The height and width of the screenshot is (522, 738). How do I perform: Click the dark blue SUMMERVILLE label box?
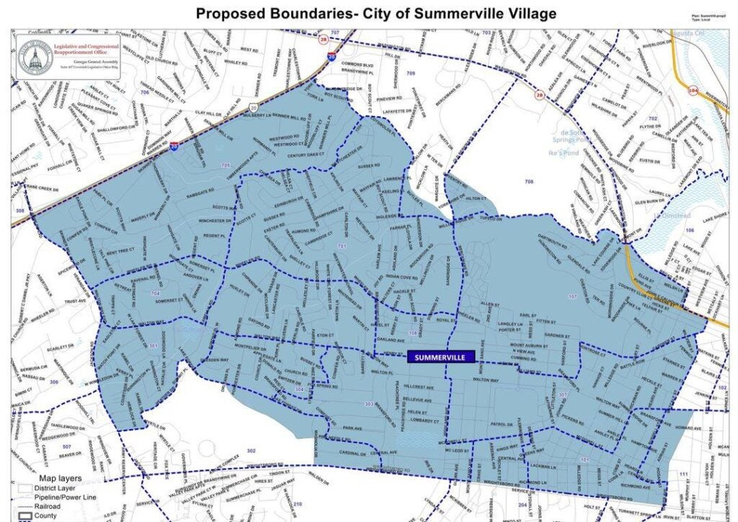(x=440, y=356)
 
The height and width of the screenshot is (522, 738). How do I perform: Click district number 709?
(x=410, y=74)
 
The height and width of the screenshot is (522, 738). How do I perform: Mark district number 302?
(x=251, y=451)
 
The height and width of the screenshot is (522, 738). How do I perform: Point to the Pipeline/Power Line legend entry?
(x=65, y=497)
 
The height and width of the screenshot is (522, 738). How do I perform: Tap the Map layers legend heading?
(x=60, y=478)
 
